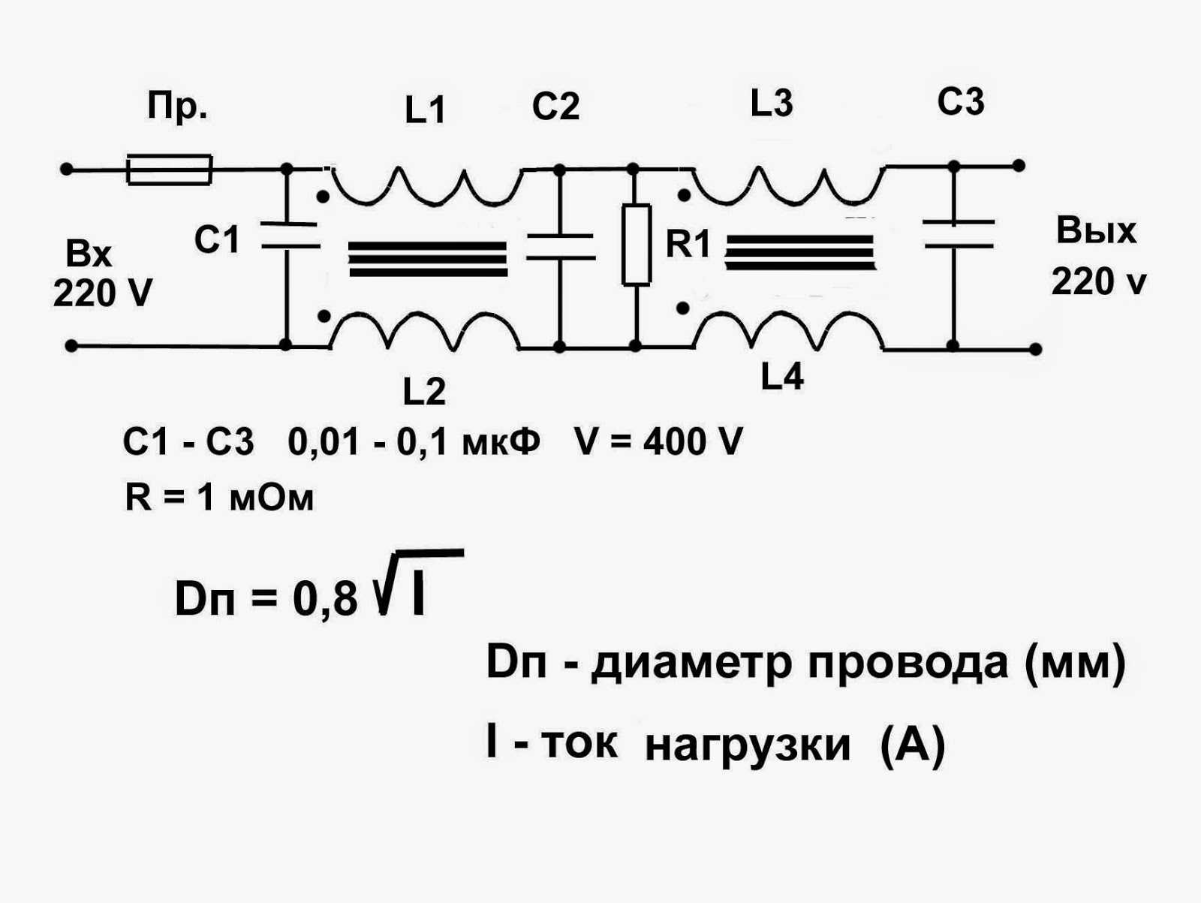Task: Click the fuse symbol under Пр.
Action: point(170,170)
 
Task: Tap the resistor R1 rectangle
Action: point(636,244)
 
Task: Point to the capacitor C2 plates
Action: point(559,246)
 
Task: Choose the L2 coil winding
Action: point(425,330)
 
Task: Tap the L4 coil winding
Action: point(788,330)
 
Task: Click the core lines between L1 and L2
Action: point(427,258)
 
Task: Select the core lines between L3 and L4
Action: point(799,251)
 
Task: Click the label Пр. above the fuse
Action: point(177,107)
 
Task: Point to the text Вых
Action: point(1096,230)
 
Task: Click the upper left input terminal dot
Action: point(66,170)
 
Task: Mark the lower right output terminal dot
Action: point(1035,349)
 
